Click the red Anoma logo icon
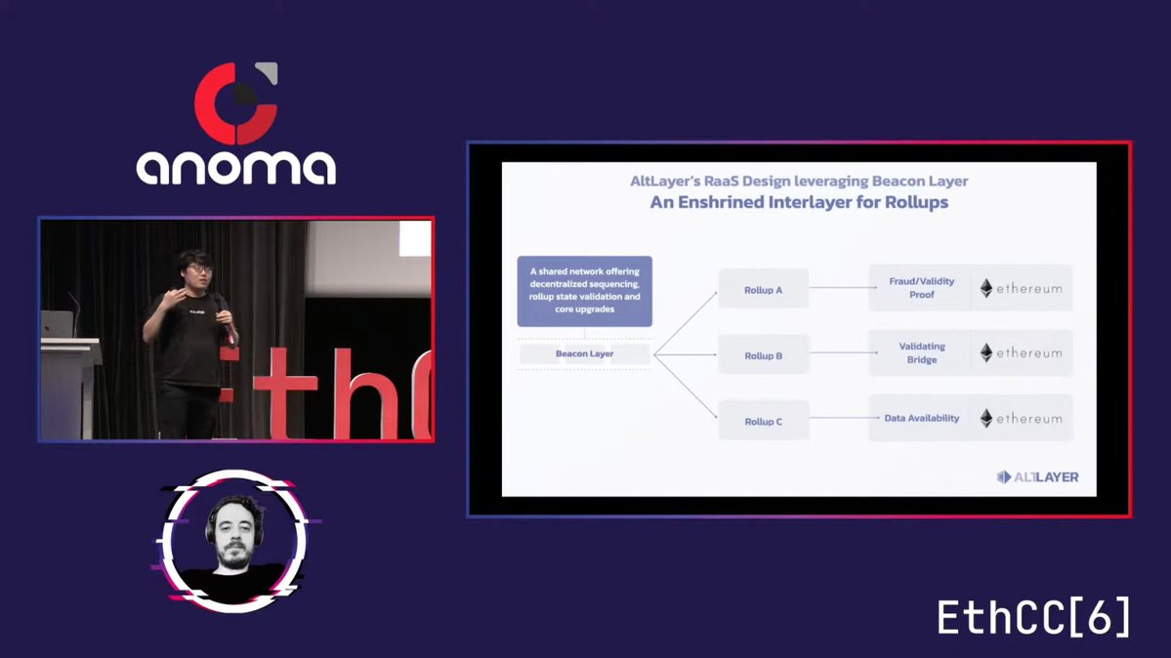[x=236, y=103]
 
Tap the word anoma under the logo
[x=236, y=167]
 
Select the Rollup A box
[x=763, y=289]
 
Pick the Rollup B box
[x=763, y=354]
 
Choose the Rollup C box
[x=763, y=421]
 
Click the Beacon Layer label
[x=585, y=353]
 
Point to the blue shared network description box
[x=585, y=291]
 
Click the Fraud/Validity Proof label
[x=922, y=288]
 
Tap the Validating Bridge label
[x=922, y=352]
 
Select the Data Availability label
[x=922, y=418]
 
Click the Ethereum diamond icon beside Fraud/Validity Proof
[x=986, y=288]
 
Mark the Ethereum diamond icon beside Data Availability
[x=986, y=418]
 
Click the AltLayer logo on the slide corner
[x=1037, y=476]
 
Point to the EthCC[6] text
[x=1033, y=617]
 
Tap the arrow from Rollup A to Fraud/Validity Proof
[x=843, y=288]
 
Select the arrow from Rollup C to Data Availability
[x=844, y=418]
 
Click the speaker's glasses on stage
[x=198, y=268]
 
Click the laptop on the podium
[x=58, y=324]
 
